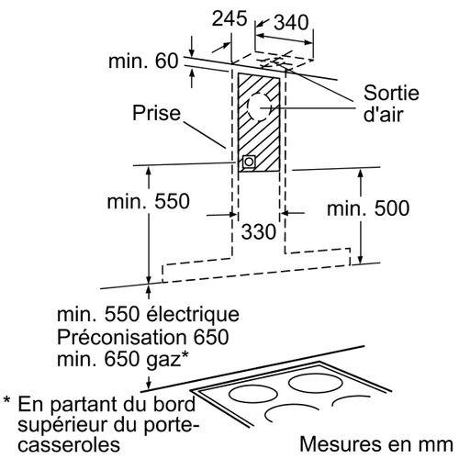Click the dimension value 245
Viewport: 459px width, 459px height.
[x=229, y=18]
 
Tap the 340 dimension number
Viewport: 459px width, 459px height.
[x=291, y=22]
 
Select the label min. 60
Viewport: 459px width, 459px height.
[x=143, y=61]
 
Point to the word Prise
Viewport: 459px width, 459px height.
[x=157, y=113]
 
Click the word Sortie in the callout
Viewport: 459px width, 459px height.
[x=391, y=93]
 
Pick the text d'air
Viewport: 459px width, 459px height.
[x=384, y=115]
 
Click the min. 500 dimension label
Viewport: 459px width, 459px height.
[x=368, y=208]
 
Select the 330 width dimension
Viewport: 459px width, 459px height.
[x=259, y=231]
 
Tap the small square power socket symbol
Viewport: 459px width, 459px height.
[x=249, y=162]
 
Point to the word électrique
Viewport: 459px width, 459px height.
[x=193, y=314]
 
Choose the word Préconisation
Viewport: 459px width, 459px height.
[x=122, y=337]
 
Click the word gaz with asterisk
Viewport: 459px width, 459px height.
[x=167, y=360]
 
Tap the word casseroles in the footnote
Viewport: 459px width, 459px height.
[x=69, y=444]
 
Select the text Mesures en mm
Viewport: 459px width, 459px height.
[x=376, y=444]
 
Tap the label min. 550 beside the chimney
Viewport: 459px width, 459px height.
[x=149, y=201]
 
